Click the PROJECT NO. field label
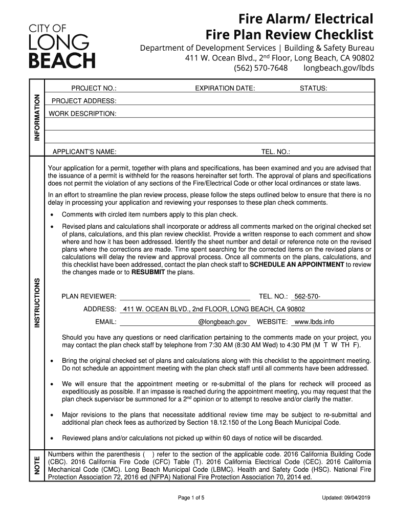[x=94, y=89]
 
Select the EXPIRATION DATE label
[x=225, y=89]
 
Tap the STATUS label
[x=313, y=89]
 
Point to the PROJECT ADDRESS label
[x=83, y=101]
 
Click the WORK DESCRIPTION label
[x=82, y=113]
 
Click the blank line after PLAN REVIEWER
[x=185, y=296]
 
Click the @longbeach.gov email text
[x=223, y=322]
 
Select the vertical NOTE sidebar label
[x=37, y=466]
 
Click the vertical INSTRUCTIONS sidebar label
[x=37, y=303]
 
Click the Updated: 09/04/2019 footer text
[x=346, y=498]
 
